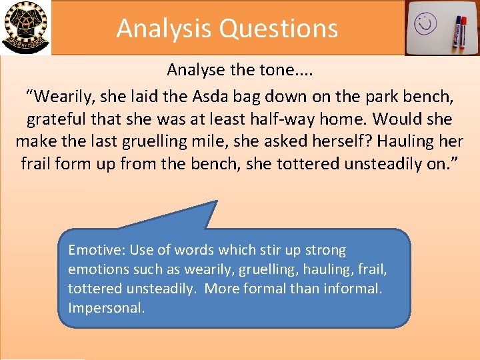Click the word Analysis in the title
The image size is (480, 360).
(x=164, y=28)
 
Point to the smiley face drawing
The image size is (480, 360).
(x=425, y=25)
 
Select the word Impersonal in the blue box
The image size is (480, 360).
(x=107, y=309)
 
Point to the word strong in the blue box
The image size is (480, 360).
(x=323, y=251)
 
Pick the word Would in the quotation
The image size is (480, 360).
(x=398, y=119)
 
